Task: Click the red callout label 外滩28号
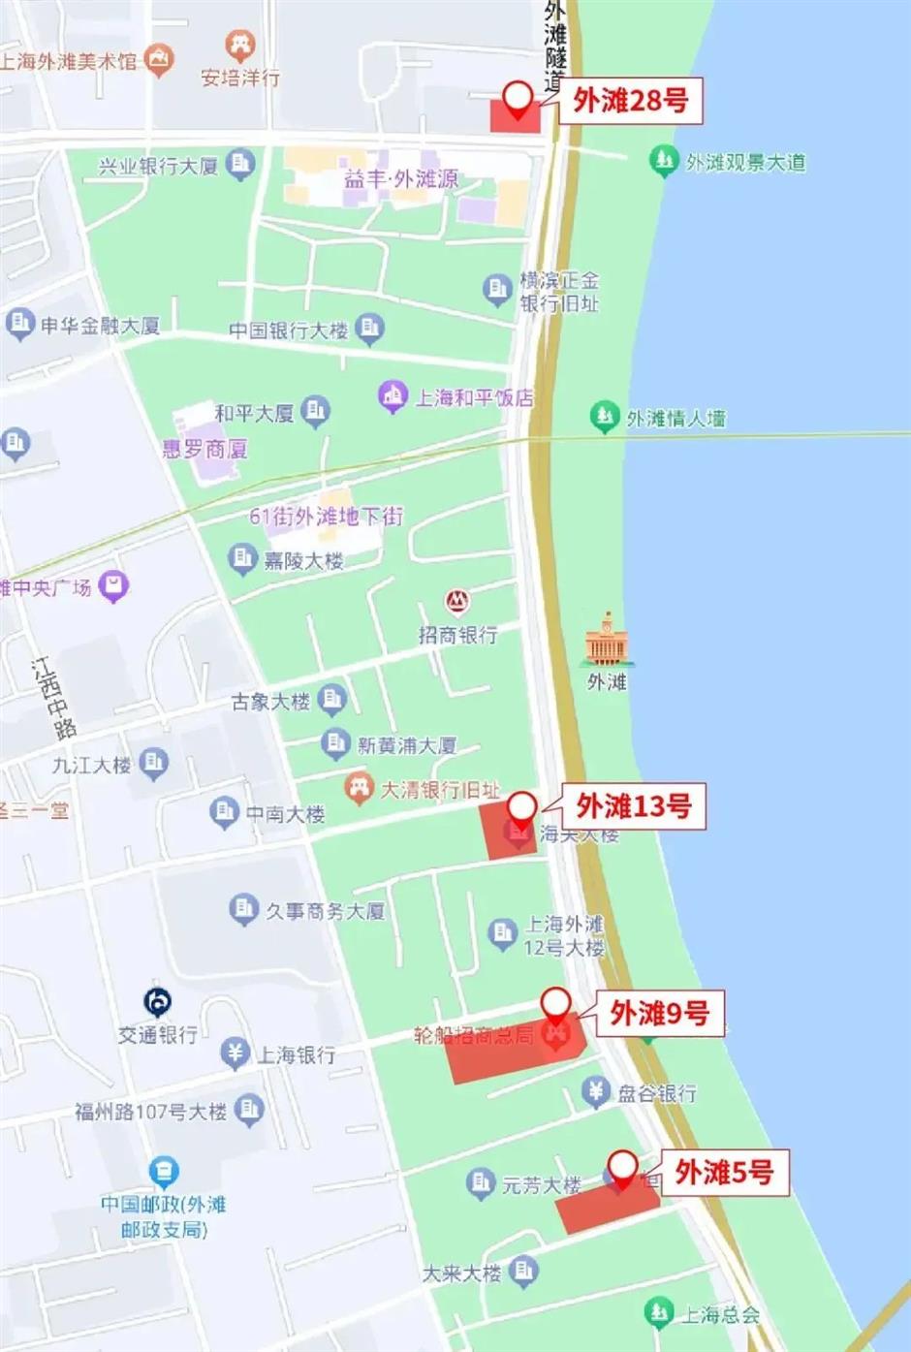(630, 100)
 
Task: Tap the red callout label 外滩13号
(634, 805)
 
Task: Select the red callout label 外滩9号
(659, 1014)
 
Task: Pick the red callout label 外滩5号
(724, 1173)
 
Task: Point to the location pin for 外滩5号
(621, 1167)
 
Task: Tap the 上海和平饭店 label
(474, 397)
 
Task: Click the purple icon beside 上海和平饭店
(393, 397)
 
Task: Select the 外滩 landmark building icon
(607, 639)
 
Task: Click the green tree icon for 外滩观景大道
(663, 161)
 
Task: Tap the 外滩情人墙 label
(675, 419)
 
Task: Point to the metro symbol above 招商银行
(457, 602)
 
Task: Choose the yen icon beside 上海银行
(235, 1053)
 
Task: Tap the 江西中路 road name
(51, 698)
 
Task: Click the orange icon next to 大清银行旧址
(360, 788)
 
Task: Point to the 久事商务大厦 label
(325, 911)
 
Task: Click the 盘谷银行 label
(657, 1093)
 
